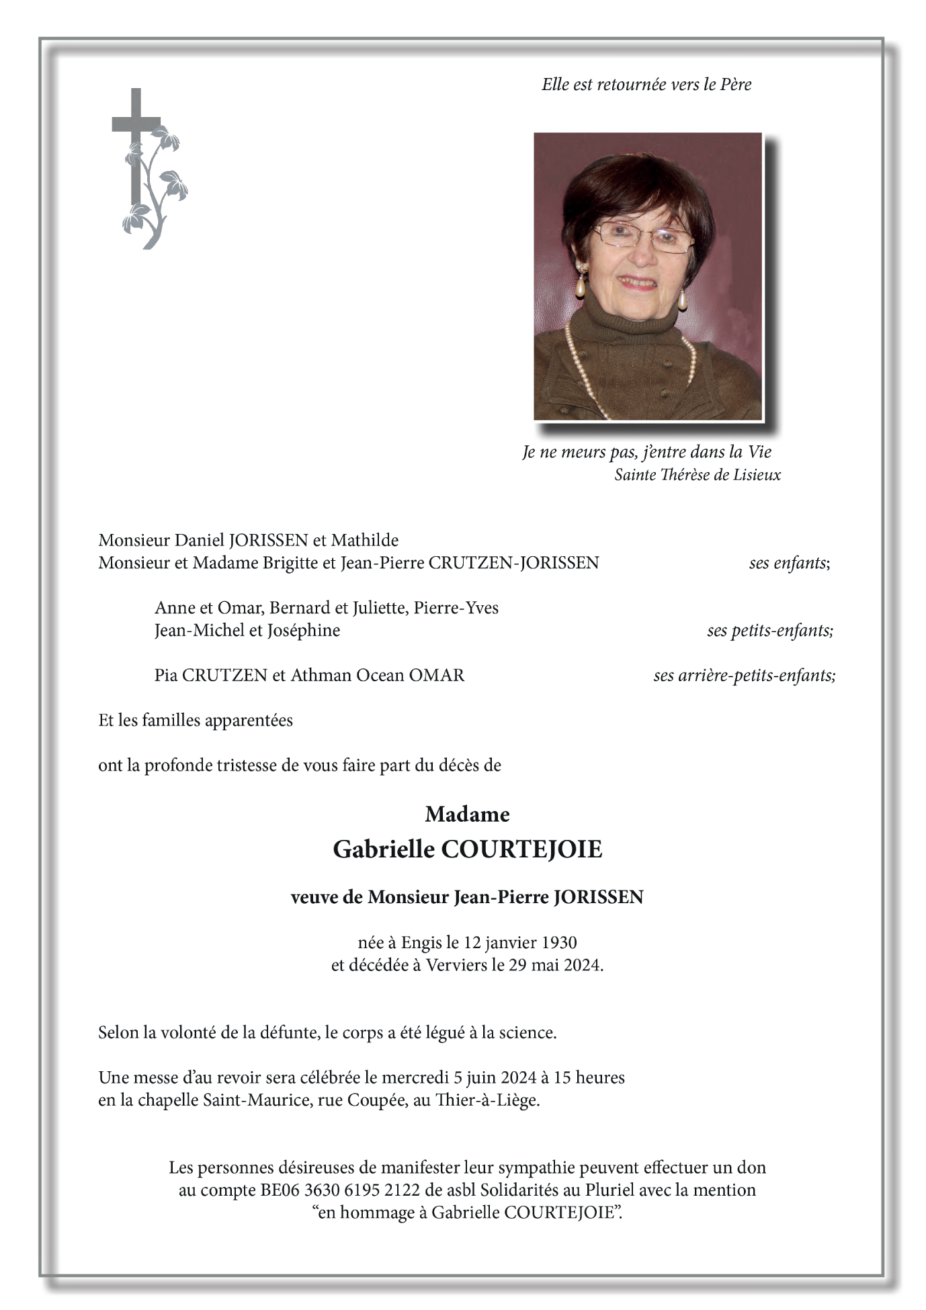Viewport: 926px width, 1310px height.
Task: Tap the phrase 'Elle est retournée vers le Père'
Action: [646, 85]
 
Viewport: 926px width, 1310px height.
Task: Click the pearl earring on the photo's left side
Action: [580, 283]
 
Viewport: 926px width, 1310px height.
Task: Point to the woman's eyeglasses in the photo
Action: [642, 237]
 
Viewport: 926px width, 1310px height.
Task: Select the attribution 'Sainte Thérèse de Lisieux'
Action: [697, 475]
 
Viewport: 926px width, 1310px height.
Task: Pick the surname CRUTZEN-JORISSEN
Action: [513, 563]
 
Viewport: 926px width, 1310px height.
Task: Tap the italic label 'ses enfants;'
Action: [789, 563]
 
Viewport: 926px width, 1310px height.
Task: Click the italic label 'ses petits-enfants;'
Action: [769, 630]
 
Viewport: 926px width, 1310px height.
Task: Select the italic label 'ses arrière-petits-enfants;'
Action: [744, 675]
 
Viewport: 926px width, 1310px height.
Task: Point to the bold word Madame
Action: [467, 814]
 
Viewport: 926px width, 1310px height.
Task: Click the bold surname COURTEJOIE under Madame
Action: [521, 849]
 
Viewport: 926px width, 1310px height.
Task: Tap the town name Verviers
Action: [456, 965]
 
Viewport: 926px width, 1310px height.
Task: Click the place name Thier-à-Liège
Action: [487, 1100]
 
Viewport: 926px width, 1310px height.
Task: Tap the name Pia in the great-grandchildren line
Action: [165, 675]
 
